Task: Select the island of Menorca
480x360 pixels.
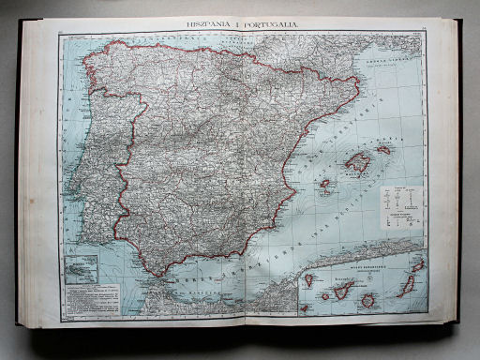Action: [x=383, y=149]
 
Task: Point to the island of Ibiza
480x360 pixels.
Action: [x=324, y=184]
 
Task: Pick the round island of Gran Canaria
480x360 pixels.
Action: [x=368, y=300]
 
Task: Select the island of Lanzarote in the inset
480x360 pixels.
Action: [x=418, y=265]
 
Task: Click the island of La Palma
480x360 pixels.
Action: [x=308, y=279]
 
